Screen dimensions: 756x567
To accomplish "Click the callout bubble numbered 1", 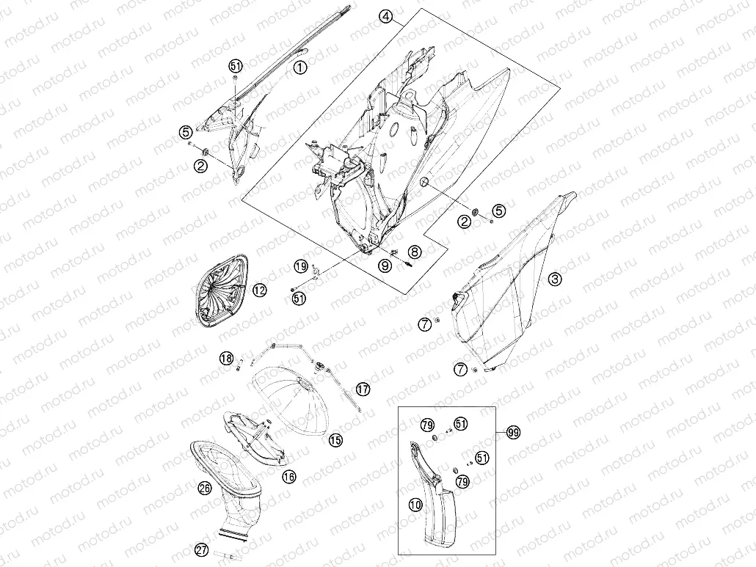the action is pyautogui.click(x=300, y=67).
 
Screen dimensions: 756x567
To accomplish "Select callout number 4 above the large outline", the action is pyautogui.click(x=385, y=16).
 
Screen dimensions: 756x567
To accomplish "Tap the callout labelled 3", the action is pyautogui.click(x=555, y=279).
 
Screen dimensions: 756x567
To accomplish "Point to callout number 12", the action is pyautogui.click(x=259, y=290).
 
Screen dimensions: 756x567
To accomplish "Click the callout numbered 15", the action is pyautogui.click(x=335, y=439).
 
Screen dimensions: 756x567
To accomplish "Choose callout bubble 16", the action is pyautogui.click(x=288, y=477).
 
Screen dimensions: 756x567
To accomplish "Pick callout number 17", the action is pyautogui.click(x=363, y=389).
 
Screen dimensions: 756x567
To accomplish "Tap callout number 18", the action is pyautogui.click(x=226, y=358).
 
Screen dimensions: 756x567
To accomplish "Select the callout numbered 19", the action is pyautogui.click(x=301, y=266).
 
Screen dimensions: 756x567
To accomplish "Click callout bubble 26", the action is pyautogui.click(x=205, y=488).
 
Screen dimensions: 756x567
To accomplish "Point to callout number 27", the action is pyautogui.click(x=202, y=549).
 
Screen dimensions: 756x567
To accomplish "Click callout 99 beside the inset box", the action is pyautogui.click(x=514, y=433).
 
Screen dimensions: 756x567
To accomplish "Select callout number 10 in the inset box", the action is pyautogui.click(x=415, y=505).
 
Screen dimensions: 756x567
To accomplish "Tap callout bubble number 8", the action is pyautogui.click(x=414, y=251).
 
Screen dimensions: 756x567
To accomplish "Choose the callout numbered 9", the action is pyautogui.click(x=385, y=266).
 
